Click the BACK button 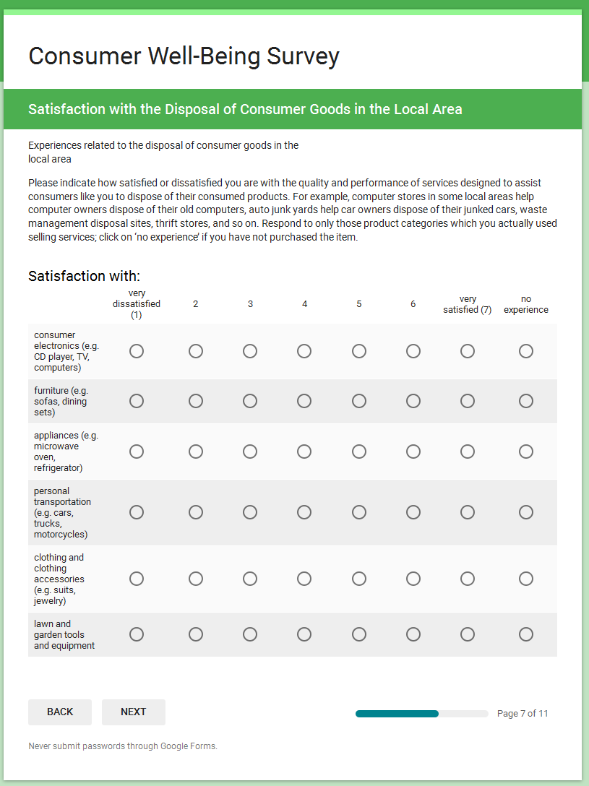(x=60, y=712)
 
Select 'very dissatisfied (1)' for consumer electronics (x=137, y=351)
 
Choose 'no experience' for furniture (x=526, y=401)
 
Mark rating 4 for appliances (x=304, y=452)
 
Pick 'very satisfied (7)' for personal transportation (x=468, y=512)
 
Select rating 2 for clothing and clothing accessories (x=196, y=579)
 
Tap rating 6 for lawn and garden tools (x=413, y=634)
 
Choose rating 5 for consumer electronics (x=359, y=351)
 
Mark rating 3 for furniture (x=250, y=401)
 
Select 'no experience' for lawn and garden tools (x=526, y=634)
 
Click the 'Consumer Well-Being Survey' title (x=184, y=56)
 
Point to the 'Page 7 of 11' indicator (x=523, y=714)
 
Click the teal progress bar (x=397, y=714)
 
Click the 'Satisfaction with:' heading (x=84, y=276)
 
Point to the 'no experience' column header (x=526, y=304)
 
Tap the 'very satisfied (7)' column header (x=468, y=304)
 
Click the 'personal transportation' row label (x=63, y=512)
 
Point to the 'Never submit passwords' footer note (x=123, y=746)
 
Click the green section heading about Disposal (x=245, y=109)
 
